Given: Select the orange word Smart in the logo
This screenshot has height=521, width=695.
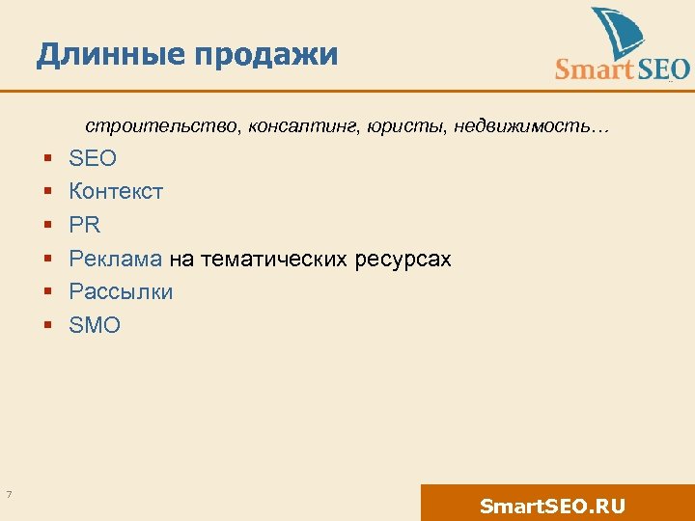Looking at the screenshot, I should (x=595, y=69).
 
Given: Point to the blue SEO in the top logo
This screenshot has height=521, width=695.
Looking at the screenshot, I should (x=663, y=69).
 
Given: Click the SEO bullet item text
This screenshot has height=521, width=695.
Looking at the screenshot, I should (x=93, y=158).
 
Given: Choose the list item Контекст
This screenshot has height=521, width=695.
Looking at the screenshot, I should (x=116, y=192).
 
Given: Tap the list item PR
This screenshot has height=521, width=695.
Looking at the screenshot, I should (x=85, y=225).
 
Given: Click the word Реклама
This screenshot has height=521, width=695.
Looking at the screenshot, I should (x=116, y=259).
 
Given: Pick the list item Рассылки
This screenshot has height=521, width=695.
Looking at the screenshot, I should (x=121, y=292).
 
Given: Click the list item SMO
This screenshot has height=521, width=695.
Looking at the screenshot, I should (x=95, y=325).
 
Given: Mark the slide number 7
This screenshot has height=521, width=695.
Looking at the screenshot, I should (x=9, y=495).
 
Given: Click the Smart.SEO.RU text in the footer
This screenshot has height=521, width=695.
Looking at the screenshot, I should (x=552, y=506).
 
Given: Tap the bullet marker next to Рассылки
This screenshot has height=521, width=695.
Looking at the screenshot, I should (x=46, y=292).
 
